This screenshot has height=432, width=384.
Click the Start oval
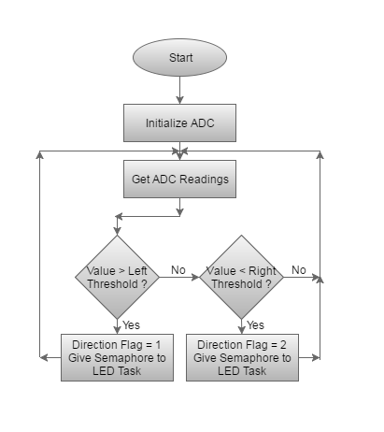tap(179, 57)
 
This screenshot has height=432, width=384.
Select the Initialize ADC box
tap(179, 122)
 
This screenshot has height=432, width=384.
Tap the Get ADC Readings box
tap(179, 179)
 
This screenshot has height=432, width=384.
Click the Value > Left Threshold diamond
tap(117, 277)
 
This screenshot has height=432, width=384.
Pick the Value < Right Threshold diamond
tap(241, 277)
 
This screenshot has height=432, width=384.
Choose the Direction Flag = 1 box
tap(117, 357)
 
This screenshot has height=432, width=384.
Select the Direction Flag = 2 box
tap(242, 357)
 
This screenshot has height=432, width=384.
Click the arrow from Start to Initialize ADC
tap(179, 90)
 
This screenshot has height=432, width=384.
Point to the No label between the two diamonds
tap(178, 270)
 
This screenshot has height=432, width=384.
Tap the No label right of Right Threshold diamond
tap(299, 270)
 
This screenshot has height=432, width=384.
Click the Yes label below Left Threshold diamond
tap(131, 325)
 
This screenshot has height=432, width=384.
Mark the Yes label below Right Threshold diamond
tap(255, 325)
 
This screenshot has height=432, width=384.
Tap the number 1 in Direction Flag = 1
tap(158, 345)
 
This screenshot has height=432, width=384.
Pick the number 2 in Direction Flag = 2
tap(283, 345)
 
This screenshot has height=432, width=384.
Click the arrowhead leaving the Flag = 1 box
tap(44, 357)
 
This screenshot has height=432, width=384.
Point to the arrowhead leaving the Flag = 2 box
tap(316, 357)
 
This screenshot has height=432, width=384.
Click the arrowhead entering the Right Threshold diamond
tap(195, 277)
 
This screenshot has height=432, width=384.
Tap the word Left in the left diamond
tap(137, 271)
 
